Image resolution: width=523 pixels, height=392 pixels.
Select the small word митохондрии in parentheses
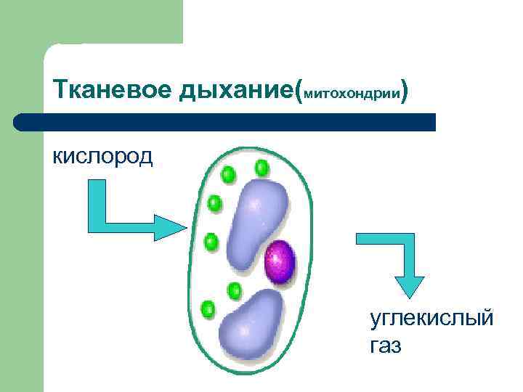pyautogui.click(x=352, y=94)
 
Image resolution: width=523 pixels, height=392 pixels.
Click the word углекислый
pyautogui.click(x=431, y=318)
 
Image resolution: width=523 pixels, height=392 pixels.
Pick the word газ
pyautogui.click(x=385, y=346)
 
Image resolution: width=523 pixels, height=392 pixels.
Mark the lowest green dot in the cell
pyautogui.click(x=208, y=308)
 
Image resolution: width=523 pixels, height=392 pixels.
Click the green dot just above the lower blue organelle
pyautogui.click(x=234, y=291)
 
